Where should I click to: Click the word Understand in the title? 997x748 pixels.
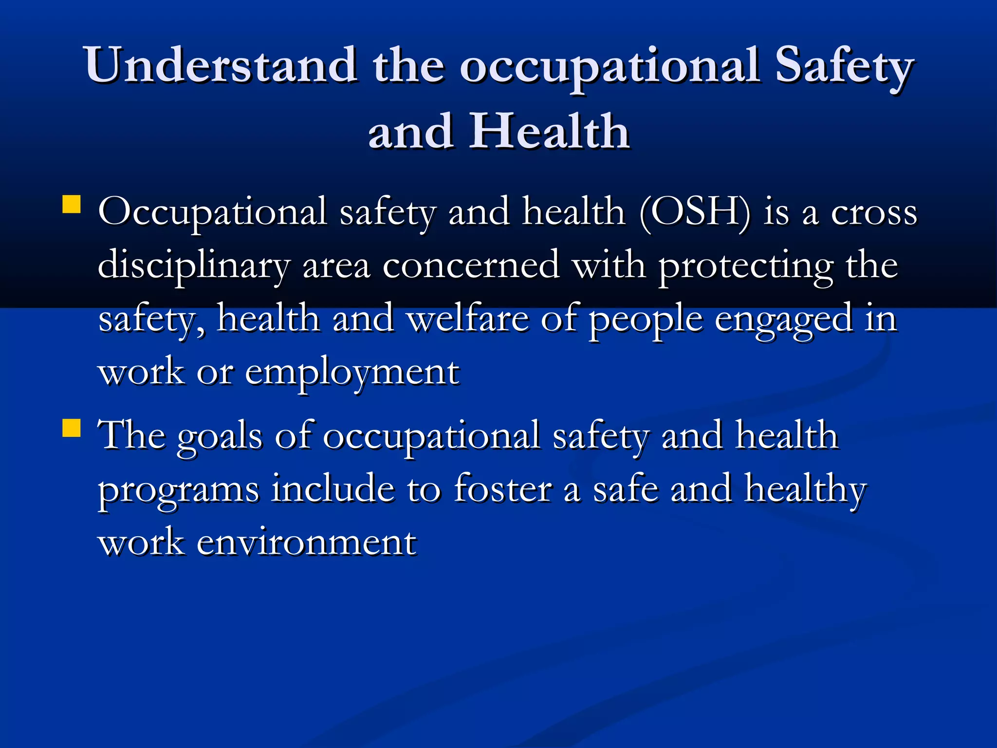click(x=220, y=66)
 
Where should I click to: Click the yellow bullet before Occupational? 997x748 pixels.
click(x=72, y=205)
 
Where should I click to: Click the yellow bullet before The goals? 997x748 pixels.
click(x=72, y=429)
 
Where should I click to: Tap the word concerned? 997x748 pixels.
click(x=471, y=266)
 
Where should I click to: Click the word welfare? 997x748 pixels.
click(x=467, y=319)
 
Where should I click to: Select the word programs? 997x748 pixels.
click(x=179, y=490)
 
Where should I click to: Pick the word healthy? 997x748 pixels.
click(x=805, y=489)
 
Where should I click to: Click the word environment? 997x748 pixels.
click(x=306, y=543)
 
